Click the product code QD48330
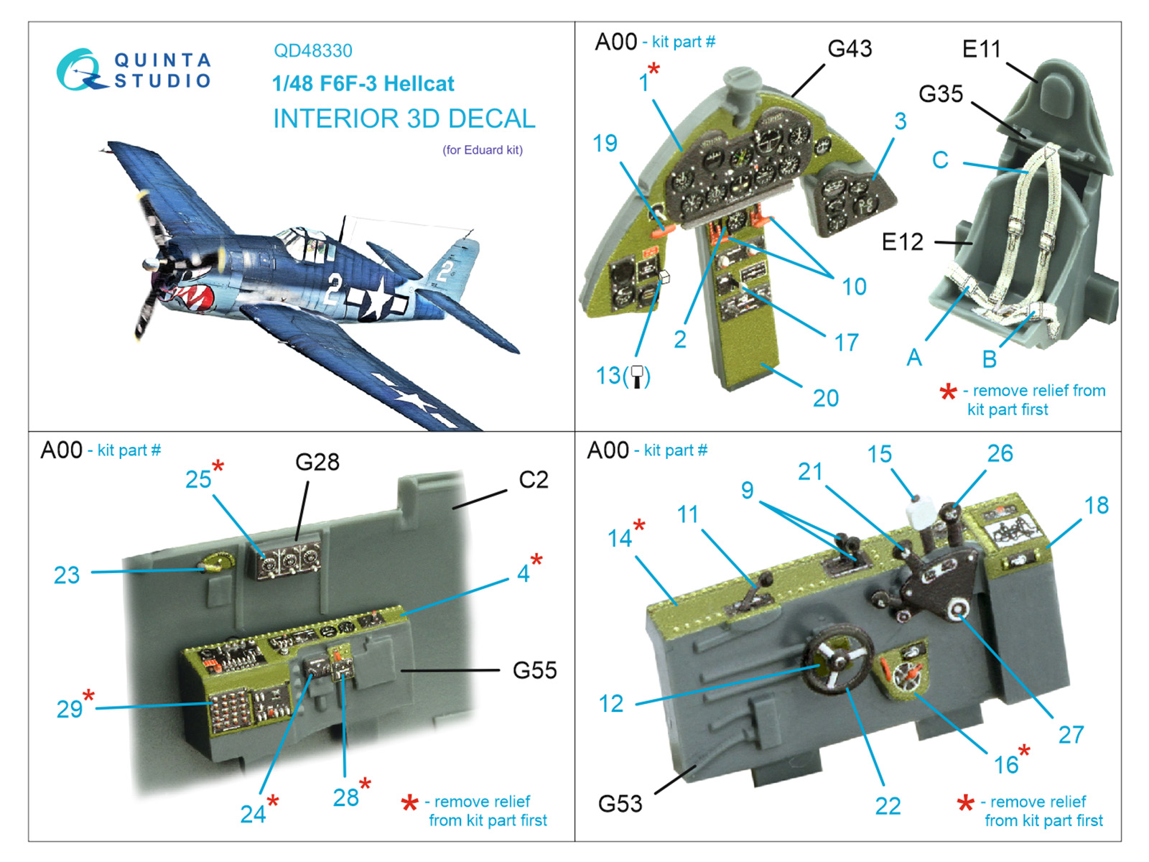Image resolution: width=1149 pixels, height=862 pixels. click(x=313, y=51)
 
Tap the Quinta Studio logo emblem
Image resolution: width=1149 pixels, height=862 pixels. click(x=81, y=70)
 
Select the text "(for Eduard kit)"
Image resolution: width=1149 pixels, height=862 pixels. click(x=482, y=150)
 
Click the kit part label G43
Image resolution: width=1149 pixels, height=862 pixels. click(x=850, y=49)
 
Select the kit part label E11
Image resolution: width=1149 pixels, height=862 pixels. click(x=982, y=49)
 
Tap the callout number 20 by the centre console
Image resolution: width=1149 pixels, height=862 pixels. click(x=826, y=398)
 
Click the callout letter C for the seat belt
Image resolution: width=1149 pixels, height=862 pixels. click(x=940, y=160)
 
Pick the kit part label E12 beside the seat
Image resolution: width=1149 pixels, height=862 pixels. click(x=903, y=242)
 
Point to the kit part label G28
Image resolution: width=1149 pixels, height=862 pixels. click(x=317, y=462)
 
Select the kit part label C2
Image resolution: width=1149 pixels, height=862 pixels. click(x=534, y=480)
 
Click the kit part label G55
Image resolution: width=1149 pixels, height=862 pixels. click(x=534, y=670)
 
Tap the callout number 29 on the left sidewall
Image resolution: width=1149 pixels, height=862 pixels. click(x=70, y=710)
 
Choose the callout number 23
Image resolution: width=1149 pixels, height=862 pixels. click(x=67, y=575)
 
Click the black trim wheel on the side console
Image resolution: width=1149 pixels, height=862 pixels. click(x=838, y=660)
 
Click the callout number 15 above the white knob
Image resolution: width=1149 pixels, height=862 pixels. click(x=879, y=454)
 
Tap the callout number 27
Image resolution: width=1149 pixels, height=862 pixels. click(x=1071, y=736)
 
